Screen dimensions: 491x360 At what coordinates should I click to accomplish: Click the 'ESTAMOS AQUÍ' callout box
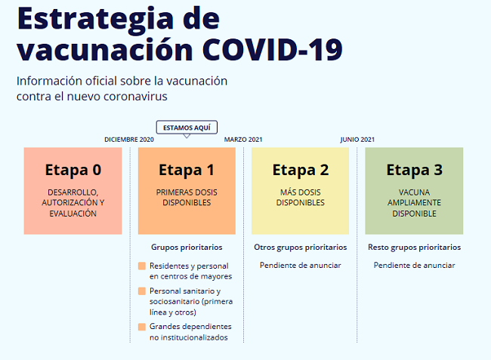(x=187, y=128)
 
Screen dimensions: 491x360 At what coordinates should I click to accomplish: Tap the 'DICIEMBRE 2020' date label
(x=129, y=140)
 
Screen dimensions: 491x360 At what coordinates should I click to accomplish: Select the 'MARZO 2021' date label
(x=243, y=140)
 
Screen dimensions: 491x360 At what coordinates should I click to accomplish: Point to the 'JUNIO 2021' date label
(x=357, y=140)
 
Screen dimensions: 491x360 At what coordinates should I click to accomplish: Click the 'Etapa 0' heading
(x=73, y=170)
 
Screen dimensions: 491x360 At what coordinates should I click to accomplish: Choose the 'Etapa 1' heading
(x=187, y=170)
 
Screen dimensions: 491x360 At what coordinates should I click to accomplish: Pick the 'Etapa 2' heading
(x=301, y=170)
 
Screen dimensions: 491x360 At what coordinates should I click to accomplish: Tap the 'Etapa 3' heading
(x=414, y=170)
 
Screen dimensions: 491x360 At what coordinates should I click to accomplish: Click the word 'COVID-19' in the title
(x=273, y=49)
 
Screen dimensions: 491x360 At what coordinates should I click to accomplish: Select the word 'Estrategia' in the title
(x=95, y=19)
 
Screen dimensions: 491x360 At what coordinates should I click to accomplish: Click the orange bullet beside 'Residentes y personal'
(x=142, y=266)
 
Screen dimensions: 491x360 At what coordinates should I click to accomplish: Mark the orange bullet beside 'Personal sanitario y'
(x=142, y=291)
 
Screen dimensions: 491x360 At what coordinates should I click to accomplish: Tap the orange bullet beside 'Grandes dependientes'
(x=142, y=327)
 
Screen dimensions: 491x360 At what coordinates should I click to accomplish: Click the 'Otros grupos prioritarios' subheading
(x=301, y=247)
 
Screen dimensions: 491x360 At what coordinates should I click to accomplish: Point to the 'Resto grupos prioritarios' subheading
(x=414, y=247)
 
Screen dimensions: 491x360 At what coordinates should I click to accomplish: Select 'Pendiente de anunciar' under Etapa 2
(x=301, y=265)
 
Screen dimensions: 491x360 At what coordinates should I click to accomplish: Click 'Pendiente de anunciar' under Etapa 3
(x=414, y=265)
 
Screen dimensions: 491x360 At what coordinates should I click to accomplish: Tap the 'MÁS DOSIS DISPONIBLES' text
(x=301, y=198)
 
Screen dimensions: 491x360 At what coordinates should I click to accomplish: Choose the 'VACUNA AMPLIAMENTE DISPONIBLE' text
(x=414, y=203)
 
